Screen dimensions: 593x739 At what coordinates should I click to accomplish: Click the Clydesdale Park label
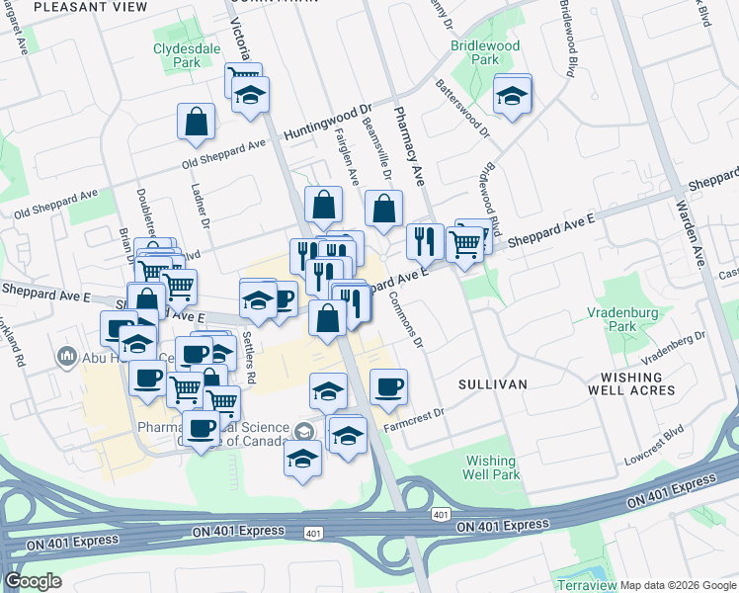[177, 54]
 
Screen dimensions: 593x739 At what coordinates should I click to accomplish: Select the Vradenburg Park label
[622, 318]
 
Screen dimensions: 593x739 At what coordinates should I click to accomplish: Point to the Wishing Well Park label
[491, 466]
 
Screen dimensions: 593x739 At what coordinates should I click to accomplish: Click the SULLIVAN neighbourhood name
[492, 383]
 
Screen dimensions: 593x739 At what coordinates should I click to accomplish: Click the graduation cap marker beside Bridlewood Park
[512, 96]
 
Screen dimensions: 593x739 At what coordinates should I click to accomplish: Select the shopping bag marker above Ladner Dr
[197, 123]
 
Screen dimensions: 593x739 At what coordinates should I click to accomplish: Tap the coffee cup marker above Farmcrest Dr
[388, 386]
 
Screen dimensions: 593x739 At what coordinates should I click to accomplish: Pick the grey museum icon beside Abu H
[67, 355]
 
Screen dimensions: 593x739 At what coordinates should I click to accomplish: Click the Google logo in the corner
[33, 581]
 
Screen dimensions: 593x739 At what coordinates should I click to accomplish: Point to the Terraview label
[586, 585]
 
